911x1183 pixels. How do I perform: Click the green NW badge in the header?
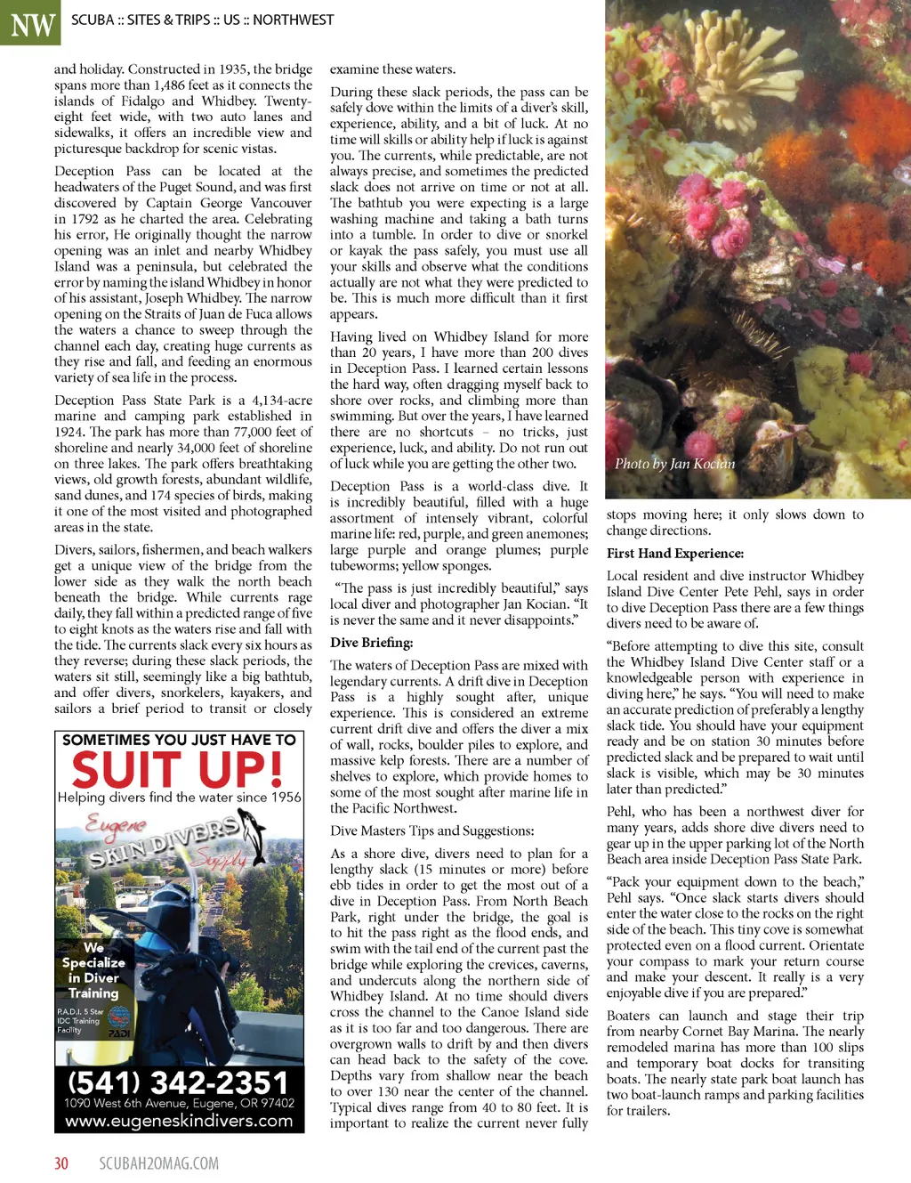coord(30,22)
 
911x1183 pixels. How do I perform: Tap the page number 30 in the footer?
coord(61,1163)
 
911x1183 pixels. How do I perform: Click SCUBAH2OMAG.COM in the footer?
coord(158,1163)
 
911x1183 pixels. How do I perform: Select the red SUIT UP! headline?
coord(178,769)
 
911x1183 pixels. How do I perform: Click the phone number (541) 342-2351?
coord(179,1082)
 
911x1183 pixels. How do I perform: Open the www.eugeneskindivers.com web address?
coord(179,1121)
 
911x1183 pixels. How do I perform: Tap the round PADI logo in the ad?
coord(118,1018)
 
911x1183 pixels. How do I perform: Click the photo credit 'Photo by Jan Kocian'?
coord(674,464)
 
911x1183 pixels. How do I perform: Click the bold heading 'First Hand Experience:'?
coord(674,554)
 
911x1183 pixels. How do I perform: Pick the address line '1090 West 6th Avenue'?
coord(179,1103)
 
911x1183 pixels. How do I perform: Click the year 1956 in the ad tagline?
coord(286,798)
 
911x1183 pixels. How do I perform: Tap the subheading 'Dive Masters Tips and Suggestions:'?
coord(431,831)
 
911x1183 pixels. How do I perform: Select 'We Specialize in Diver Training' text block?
coord(93,970)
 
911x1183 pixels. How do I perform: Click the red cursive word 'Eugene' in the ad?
coord(116,823)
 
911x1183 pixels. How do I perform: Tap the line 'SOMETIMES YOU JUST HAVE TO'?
coord(179,740)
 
